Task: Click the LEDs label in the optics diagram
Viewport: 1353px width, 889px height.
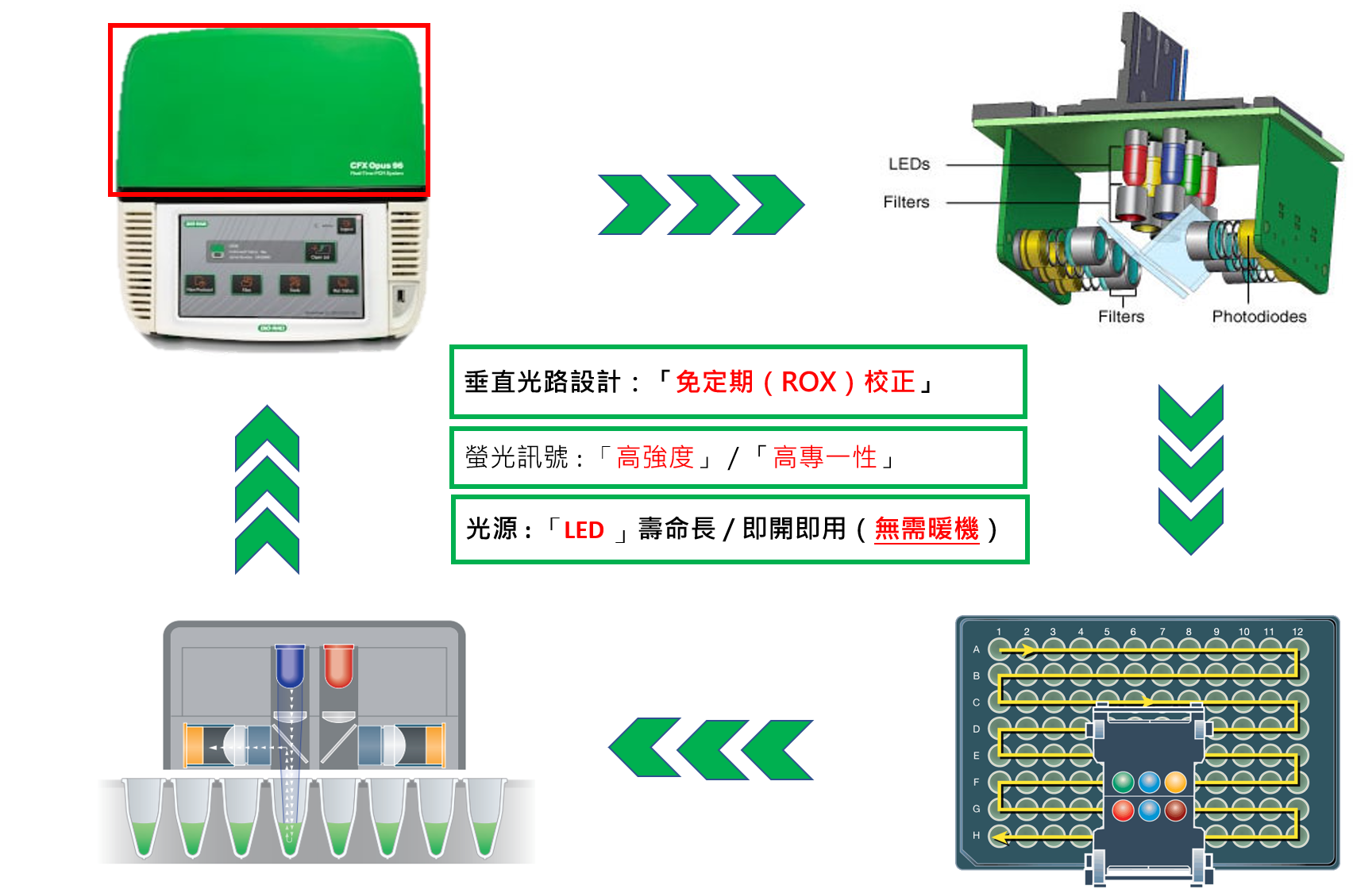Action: pos(908,164)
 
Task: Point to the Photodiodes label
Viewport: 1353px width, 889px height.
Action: pos(1259,317)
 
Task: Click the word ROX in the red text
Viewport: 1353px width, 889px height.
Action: pos(808,383)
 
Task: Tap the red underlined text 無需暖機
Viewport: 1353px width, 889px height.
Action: pos(927,529)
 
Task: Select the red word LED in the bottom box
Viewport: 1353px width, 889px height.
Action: pos(584,530)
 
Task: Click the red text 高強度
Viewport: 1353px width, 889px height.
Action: pos(655,457)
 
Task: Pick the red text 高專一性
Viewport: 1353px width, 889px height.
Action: pos(825,457)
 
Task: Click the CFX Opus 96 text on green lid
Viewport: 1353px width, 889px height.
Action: pos(376,167)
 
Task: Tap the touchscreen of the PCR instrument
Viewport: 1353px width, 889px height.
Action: pos(271,265)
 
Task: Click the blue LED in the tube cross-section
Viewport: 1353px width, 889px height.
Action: pos(290,665)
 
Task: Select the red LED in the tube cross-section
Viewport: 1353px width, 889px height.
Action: pos(338,665)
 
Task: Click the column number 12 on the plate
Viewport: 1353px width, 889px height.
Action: pos(1297,632)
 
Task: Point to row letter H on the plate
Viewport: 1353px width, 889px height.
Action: pos(977,835)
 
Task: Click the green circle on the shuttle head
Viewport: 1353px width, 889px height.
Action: pos(1123,783)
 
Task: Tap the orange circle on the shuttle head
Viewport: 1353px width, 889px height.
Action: pos(1175,783)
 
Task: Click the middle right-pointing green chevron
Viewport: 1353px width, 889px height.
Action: pos(703,205)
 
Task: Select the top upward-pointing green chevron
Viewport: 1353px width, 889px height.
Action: pos(268,437)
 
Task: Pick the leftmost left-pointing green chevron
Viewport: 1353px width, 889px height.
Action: pos(646,749)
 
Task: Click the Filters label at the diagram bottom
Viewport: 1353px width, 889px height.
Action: pos(1120,317)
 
